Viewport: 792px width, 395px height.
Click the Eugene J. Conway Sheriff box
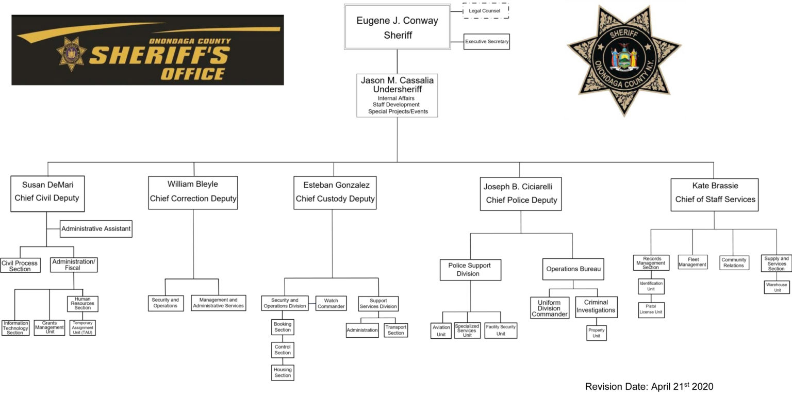[397, 27]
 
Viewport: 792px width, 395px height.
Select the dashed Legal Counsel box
[485, 11]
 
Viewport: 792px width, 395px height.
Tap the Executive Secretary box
[486, 41]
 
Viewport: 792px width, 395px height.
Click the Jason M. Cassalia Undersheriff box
[397, 95]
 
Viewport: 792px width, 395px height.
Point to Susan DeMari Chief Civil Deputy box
[46, 193]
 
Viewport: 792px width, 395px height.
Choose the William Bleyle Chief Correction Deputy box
[193, 192]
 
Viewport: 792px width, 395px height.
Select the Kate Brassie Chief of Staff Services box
[714, 194]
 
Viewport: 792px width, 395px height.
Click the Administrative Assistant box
[96, 228]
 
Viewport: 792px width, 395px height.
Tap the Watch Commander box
[331, 303]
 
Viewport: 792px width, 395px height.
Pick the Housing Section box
[283, 372]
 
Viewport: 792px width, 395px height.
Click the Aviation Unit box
[441, 331]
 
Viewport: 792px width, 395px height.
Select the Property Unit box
[596, 333]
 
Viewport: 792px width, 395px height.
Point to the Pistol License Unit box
[651, 309]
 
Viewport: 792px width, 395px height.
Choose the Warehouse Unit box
[776, 287]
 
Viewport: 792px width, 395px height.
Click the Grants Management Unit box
[49, 327]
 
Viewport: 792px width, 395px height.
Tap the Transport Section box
[395, 330]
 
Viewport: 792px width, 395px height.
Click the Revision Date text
[649, 386]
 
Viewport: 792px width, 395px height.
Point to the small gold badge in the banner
[71, 54]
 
